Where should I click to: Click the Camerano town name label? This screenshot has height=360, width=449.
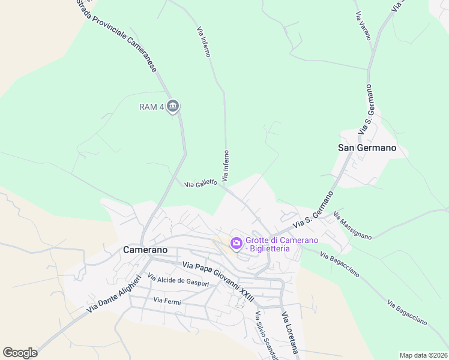(x=145, y=249)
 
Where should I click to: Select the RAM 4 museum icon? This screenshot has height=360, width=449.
(x=173, y=107)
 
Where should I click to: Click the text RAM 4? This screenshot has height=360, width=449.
(x=152, y=107)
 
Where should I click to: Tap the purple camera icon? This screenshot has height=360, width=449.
(x=236, y=243)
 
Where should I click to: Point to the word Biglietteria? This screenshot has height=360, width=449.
(x=271, y=248)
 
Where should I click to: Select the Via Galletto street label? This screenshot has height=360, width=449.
(x=200, y=184)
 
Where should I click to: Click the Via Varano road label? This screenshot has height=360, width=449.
(x=363, y=26)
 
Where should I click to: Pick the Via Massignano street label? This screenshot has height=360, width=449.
(x=352, y=226)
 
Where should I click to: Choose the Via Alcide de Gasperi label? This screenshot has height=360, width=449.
(x=178, y=280)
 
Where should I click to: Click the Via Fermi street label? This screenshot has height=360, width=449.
(x=167, y=300)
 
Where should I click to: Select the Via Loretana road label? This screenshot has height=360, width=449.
(x=290, y=336)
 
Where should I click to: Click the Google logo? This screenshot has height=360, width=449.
(x=20, y=353)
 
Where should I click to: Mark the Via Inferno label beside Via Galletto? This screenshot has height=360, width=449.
(x=226, y=166)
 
